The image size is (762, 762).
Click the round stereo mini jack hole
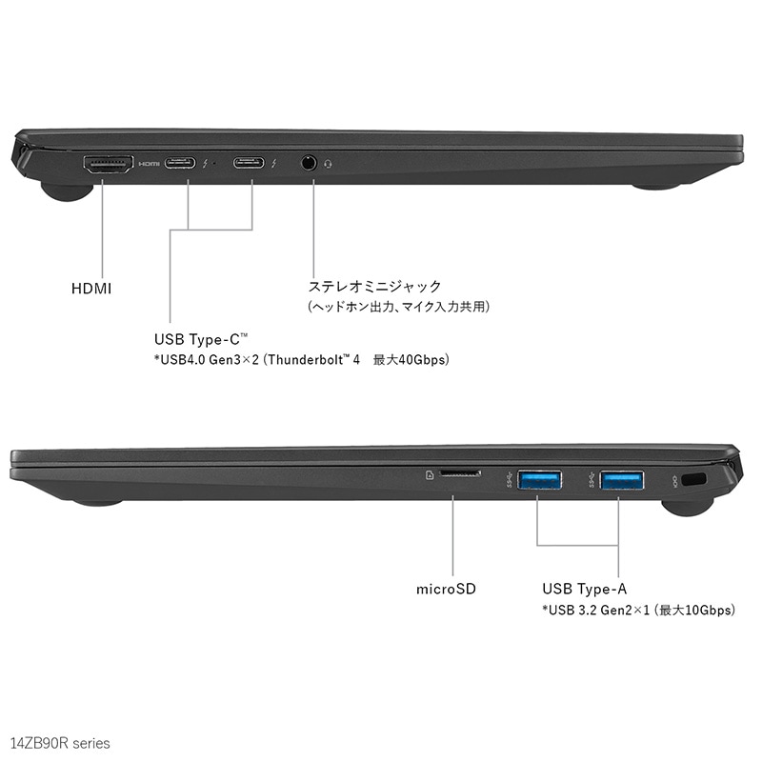point(309,164)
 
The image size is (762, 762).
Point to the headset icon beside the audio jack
point(329,164)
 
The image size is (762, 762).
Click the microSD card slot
point(460,473)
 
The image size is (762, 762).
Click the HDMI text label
point(91,288)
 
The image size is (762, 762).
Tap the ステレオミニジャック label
point(374,286)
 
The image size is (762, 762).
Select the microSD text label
point(447,589)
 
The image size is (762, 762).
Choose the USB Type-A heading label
point(584,589)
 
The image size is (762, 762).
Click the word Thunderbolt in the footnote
point(308,360)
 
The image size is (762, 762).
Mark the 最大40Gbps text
point(411,360)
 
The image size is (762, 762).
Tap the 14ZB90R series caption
point(60,741)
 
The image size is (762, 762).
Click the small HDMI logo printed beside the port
point(150,164)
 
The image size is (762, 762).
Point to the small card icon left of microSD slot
point(431,472)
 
